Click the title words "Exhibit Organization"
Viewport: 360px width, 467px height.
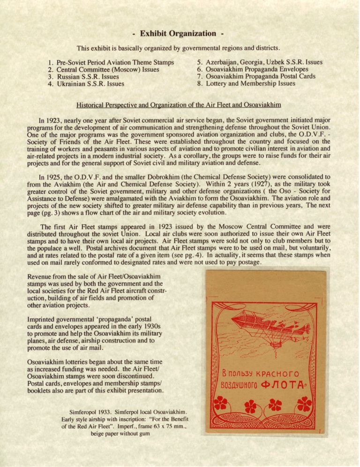pyautogui.click(x=180, y=34)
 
